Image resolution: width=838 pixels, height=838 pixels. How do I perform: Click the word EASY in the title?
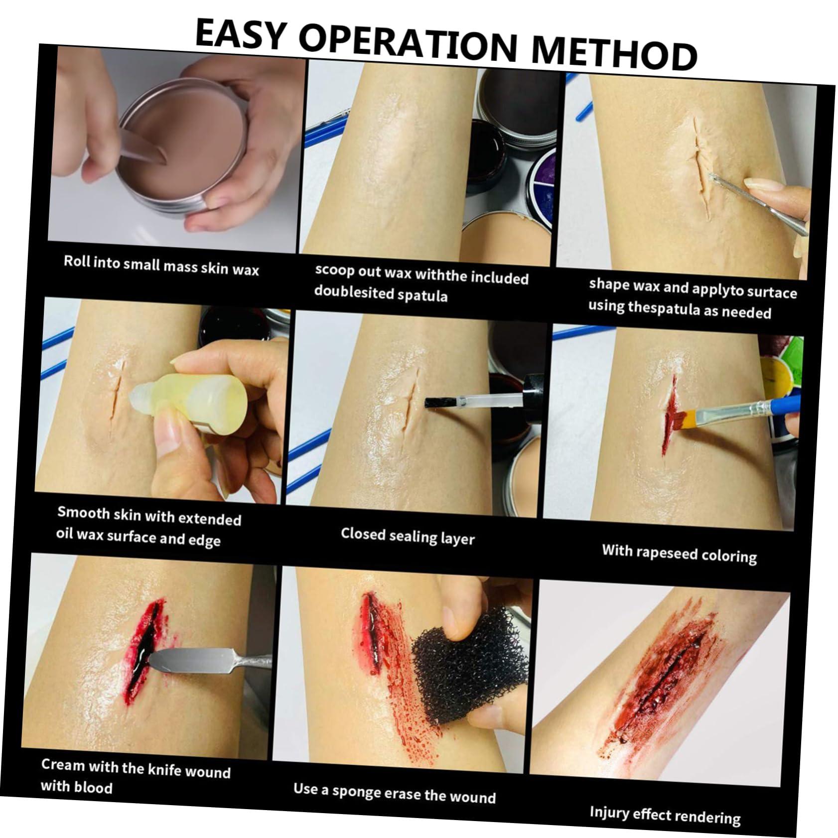(x=239, y=34)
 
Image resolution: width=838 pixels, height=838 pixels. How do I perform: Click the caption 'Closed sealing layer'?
(x=408, y=536)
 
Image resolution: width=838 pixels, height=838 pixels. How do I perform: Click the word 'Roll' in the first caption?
(x=76, y=261)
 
